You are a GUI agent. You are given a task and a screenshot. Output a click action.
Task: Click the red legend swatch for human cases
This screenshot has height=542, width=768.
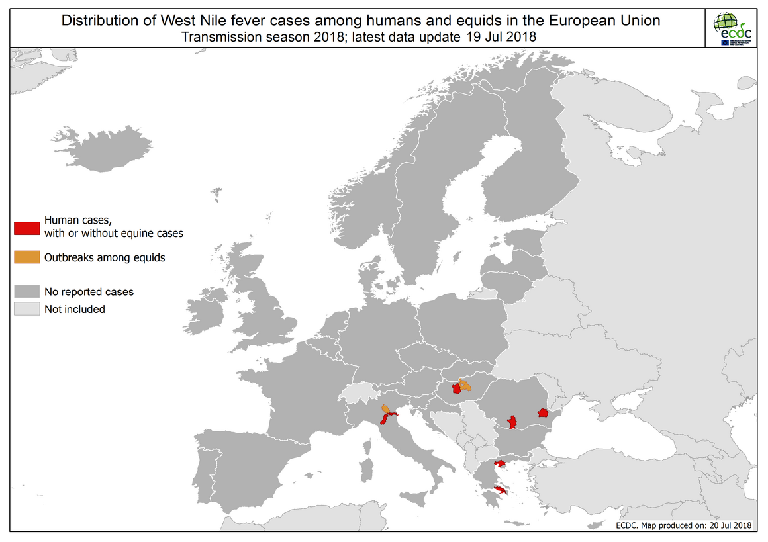point(27,227)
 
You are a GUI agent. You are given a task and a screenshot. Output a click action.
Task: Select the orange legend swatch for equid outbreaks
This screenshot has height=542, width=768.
point(27,258)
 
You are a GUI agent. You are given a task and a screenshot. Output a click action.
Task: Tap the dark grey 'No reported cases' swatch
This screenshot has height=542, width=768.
point(27,291)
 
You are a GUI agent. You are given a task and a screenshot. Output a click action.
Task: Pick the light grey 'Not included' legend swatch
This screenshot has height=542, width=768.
point(27,309)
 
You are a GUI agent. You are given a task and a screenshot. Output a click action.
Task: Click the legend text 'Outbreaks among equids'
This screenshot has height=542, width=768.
point(105,258)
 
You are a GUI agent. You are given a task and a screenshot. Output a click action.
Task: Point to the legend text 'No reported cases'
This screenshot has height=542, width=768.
point(89,291)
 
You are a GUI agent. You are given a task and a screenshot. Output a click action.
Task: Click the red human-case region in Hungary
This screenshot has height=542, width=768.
point(456,389)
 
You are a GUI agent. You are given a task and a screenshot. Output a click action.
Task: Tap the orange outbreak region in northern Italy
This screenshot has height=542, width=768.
point(385,408)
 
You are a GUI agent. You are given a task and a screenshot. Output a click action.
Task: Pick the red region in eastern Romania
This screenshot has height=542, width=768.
point(543,412)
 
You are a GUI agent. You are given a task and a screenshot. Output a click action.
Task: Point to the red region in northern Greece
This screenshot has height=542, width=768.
point(501,463)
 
